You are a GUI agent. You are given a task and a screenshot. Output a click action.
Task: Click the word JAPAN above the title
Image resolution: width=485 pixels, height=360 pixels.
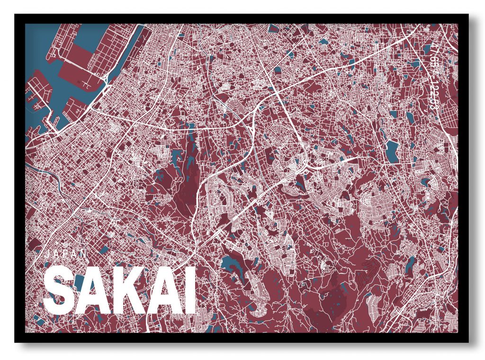[x=66, y=254]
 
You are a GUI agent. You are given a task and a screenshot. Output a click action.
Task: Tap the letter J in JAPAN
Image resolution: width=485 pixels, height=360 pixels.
[x=47, y=254]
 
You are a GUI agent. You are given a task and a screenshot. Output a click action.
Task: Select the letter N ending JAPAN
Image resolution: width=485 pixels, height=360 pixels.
[x=84, y=254]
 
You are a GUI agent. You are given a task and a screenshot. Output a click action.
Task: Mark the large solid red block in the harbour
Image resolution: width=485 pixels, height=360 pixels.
[x=76, y=66]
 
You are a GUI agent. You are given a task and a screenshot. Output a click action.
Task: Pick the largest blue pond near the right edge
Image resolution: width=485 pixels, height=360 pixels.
[x=392, y=151]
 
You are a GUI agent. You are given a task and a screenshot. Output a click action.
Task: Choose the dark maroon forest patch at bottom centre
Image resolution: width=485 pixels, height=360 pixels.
[x=332, y=298]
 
